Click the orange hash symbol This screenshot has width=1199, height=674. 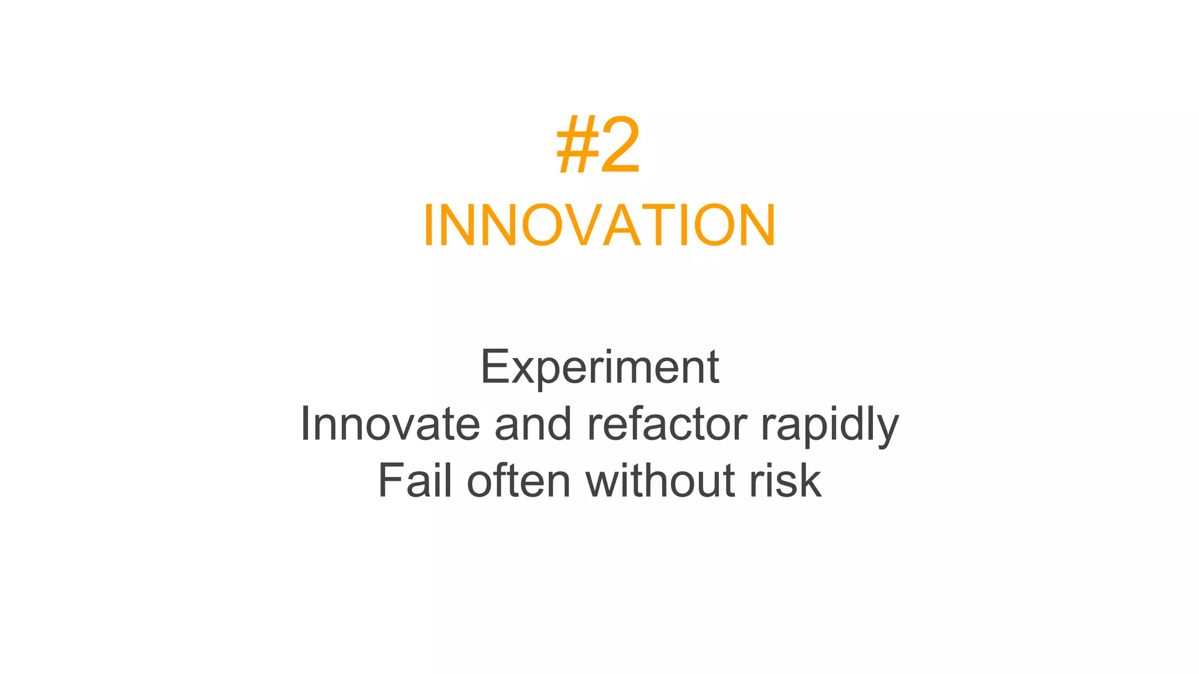click(x=576, y=146)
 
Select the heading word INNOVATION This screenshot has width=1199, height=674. click(x=599, y=226)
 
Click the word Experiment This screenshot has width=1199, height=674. click(x=599, y=367)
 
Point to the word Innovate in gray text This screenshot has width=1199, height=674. click(x=389, y=424)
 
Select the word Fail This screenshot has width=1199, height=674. click(x=415, y=481)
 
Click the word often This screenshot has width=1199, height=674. click(x=518, y=481)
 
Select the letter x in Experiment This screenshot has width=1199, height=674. click(x=522, y=371)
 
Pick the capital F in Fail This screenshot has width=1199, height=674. click(x=390, y=481)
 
